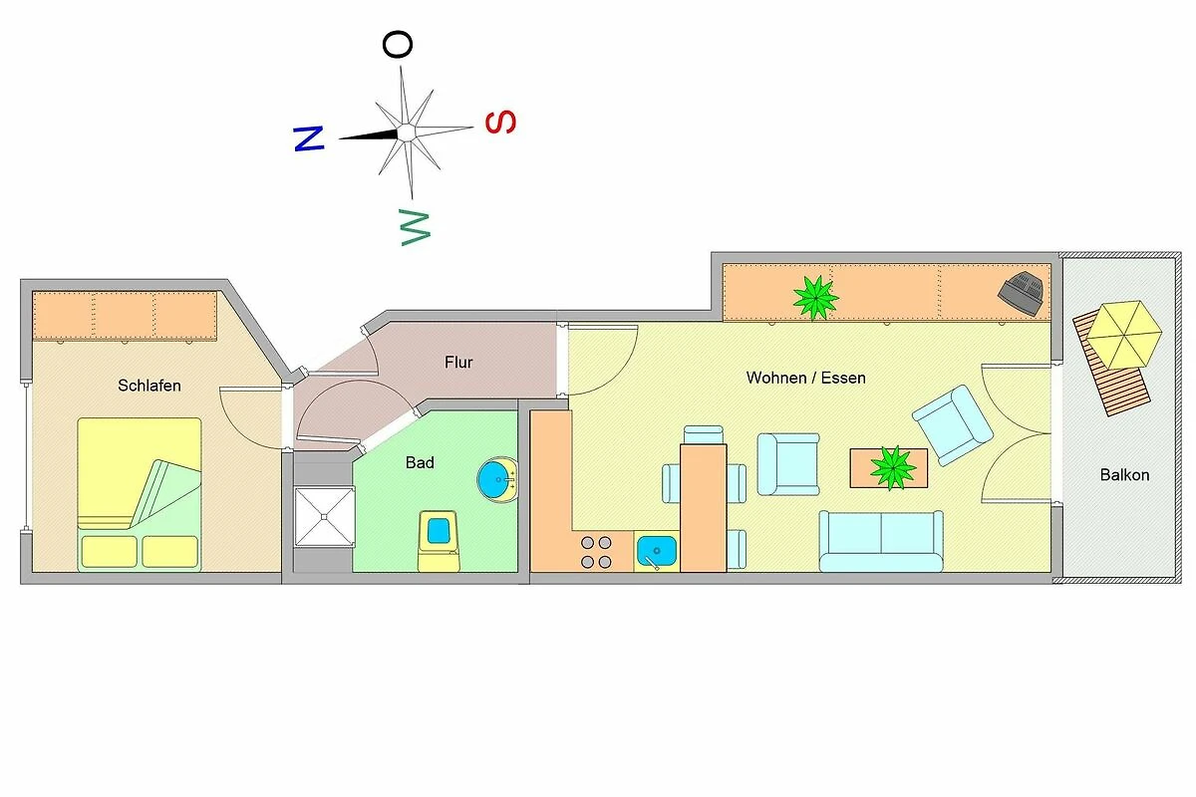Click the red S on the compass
pos(500,123)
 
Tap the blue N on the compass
pos(309,138)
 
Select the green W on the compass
pos(415,227)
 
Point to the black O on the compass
pos(398,44)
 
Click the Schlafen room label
pos(149,386)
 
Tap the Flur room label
pos(458,363)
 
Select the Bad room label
pos(420,462)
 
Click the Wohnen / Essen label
pos(805,378)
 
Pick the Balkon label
pos(1124,474)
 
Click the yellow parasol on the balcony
pos(1124,336)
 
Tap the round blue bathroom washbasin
pos(497,479)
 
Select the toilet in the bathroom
pos(439,540)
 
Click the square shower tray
pos(325,516)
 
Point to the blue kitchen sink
pos(657,551)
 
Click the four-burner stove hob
pos(596,552)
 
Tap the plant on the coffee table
pos(893,468)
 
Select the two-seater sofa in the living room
pos(881,541)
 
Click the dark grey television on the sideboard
pos(1021,293)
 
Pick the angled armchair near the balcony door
pos(953,425)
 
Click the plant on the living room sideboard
pos(815,297)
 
